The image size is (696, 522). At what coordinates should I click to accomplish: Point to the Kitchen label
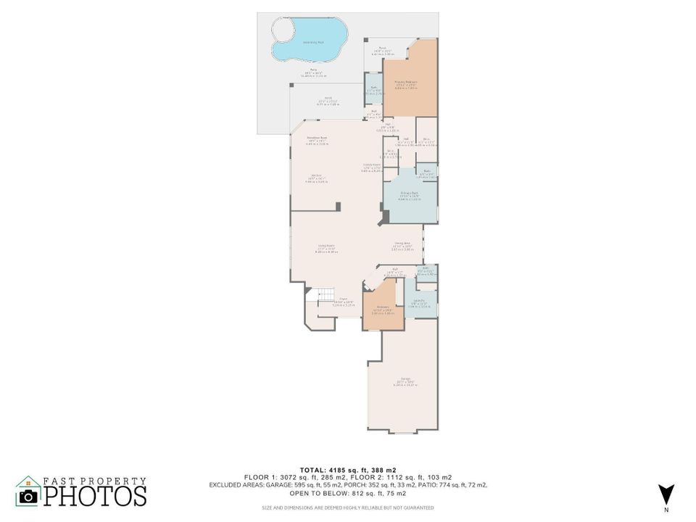point(316,179)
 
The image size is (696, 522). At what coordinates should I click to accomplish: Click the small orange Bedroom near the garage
point(381,308)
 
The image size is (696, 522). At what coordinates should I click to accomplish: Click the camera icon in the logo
point(28,496)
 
